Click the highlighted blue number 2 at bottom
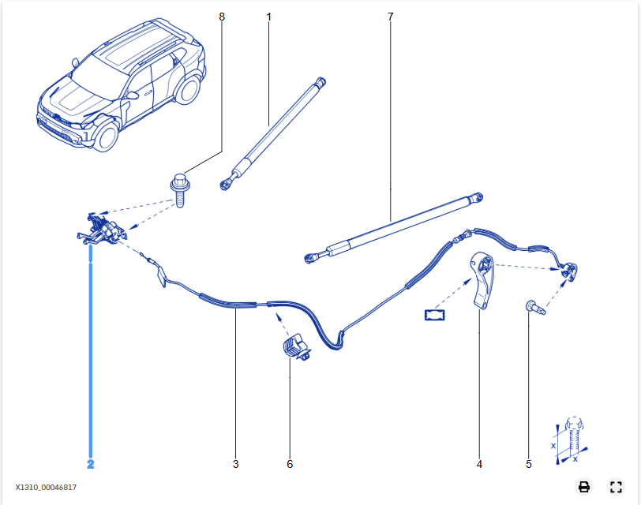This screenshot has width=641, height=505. point(91,464)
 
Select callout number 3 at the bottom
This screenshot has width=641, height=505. point(235,464)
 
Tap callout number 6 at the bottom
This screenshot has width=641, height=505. point(290,464)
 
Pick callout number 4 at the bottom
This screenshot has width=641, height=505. point(479,464)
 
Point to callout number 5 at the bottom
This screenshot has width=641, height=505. point(529,464)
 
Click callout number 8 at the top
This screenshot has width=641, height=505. point(222,16)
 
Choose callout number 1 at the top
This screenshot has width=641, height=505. point(268,16)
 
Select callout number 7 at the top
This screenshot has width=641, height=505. point(390,16)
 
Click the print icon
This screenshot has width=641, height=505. point(584,487)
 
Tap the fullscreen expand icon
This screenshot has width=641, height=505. point(617,487)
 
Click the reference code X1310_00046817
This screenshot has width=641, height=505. point(46,488)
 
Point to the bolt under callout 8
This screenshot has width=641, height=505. point(178,190)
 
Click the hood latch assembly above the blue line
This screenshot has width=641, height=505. point(101,230)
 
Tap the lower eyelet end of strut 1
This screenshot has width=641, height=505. point(227,184)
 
